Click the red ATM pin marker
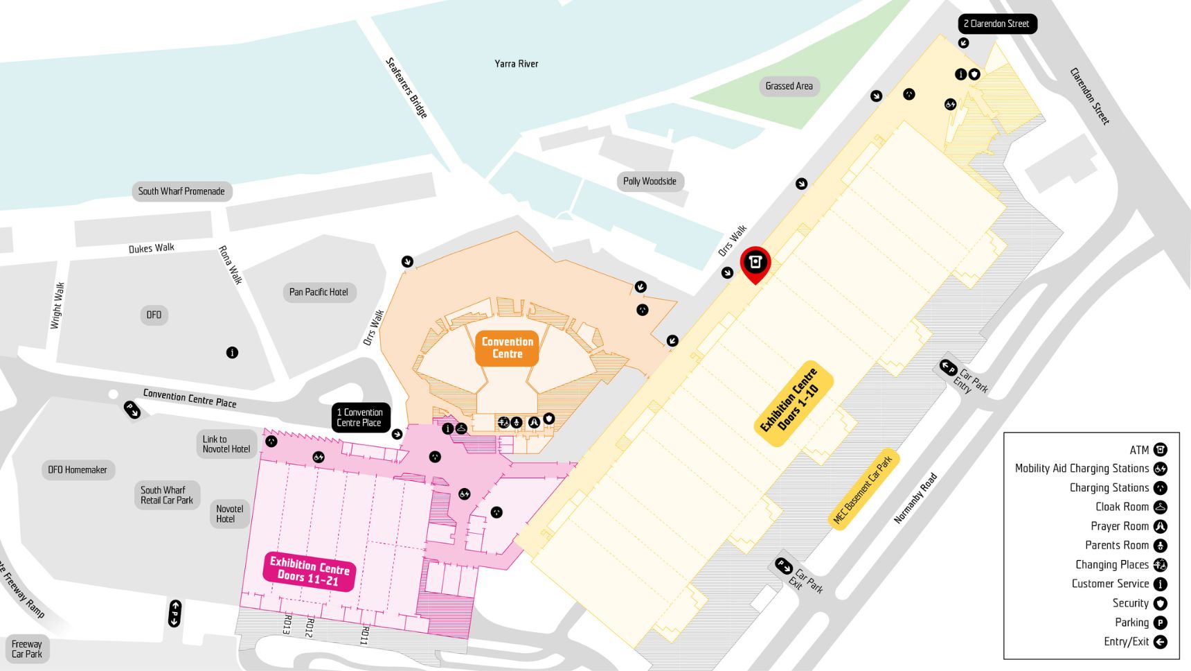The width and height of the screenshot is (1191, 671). click(755, 263)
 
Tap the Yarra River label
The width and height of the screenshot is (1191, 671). click(516, 64)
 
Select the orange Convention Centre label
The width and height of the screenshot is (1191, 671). click(507, 347)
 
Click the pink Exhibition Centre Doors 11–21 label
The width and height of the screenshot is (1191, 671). click(309, 570)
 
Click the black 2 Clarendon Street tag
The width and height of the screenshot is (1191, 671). click(996, 24)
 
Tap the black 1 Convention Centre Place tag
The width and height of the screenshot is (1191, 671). click(359, 417)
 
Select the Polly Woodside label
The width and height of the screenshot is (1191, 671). click(649, 182)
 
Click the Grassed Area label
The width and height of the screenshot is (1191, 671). click(789, 86)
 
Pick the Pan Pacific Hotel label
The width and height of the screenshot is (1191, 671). click(319, 292)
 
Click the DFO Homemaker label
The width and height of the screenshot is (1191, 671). click(78, 470)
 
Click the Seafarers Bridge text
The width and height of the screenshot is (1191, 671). click(406, 87)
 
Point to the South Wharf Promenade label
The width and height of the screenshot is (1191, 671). click(181, 191)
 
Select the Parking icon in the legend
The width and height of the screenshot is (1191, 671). click(1160, 622)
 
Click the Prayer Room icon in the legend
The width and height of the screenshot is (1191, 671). click(1160, 526)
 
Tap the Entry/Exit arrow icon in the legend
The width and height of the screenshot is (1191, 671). click(1160, 642)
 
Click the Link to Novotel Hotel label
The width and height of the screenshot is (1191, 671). click(226, 444)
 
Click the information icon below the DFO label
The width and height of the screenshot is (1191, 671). click(232, 353)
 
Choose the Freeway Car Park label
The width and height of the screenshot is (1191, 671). click(26, 649)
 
